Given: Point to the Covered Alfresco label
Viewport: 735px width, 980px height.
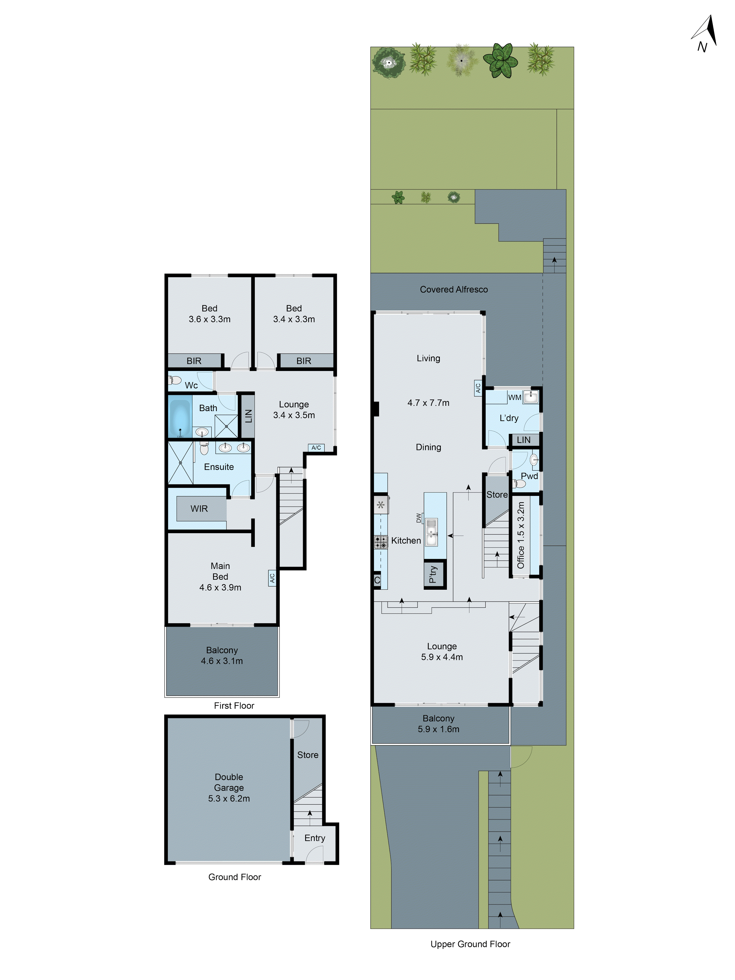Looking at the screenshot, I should pos(454,289).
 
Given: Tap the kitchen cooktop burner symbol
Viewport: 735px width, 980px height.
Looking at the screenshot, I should pos(380,542).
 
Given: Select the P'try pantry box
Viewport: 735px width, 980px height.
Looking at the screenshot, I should pos(434,574).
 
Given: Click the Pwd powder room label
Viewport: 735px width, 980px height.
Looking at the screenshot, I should pos(529,476).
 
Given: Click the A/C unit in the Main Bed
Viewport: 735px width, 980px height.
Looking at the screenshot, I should pos(272,578).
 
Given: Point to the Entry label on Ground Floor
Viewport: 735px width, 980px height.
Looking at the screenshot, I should pos(315,838).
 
